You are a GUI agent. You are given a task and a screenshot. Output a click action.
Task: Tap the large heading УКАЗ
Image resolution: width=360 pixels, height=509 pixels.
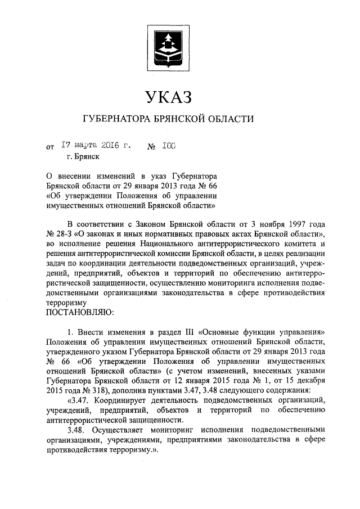[x=169, y=97]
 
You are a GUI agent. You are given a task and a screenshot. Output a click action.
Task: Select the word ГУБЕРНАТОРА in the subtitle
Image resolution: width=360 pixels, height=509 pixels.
[x=114, y=119]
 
